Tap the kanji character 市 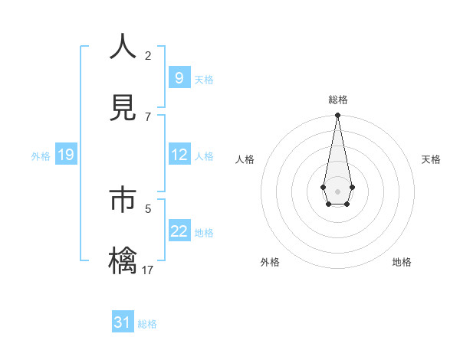coord(123,198)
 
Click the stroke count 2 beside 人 coord(148,55)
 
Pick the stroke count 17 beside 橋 coord(148,270)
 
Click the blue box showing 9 coord(179,77)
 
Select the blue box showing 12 coord(179,154)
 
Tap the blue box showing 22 coord(179,231)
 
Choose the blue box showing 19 coord(66,155)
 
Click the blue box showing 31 coord(123,322)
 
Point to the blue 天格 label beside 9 coord(204,79)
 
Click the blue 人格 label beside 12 coord(204,155)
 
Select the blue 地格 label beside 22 coord(204,232)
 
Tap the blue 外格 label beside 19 coord(41,155)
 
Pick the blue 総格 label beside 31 coord(147,324)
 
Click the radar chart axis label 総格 coord(337,100)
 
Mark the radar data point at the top coord(337,116)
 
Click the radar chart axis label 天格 coord(431,159)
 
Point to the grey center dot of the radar coord(337,190)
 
